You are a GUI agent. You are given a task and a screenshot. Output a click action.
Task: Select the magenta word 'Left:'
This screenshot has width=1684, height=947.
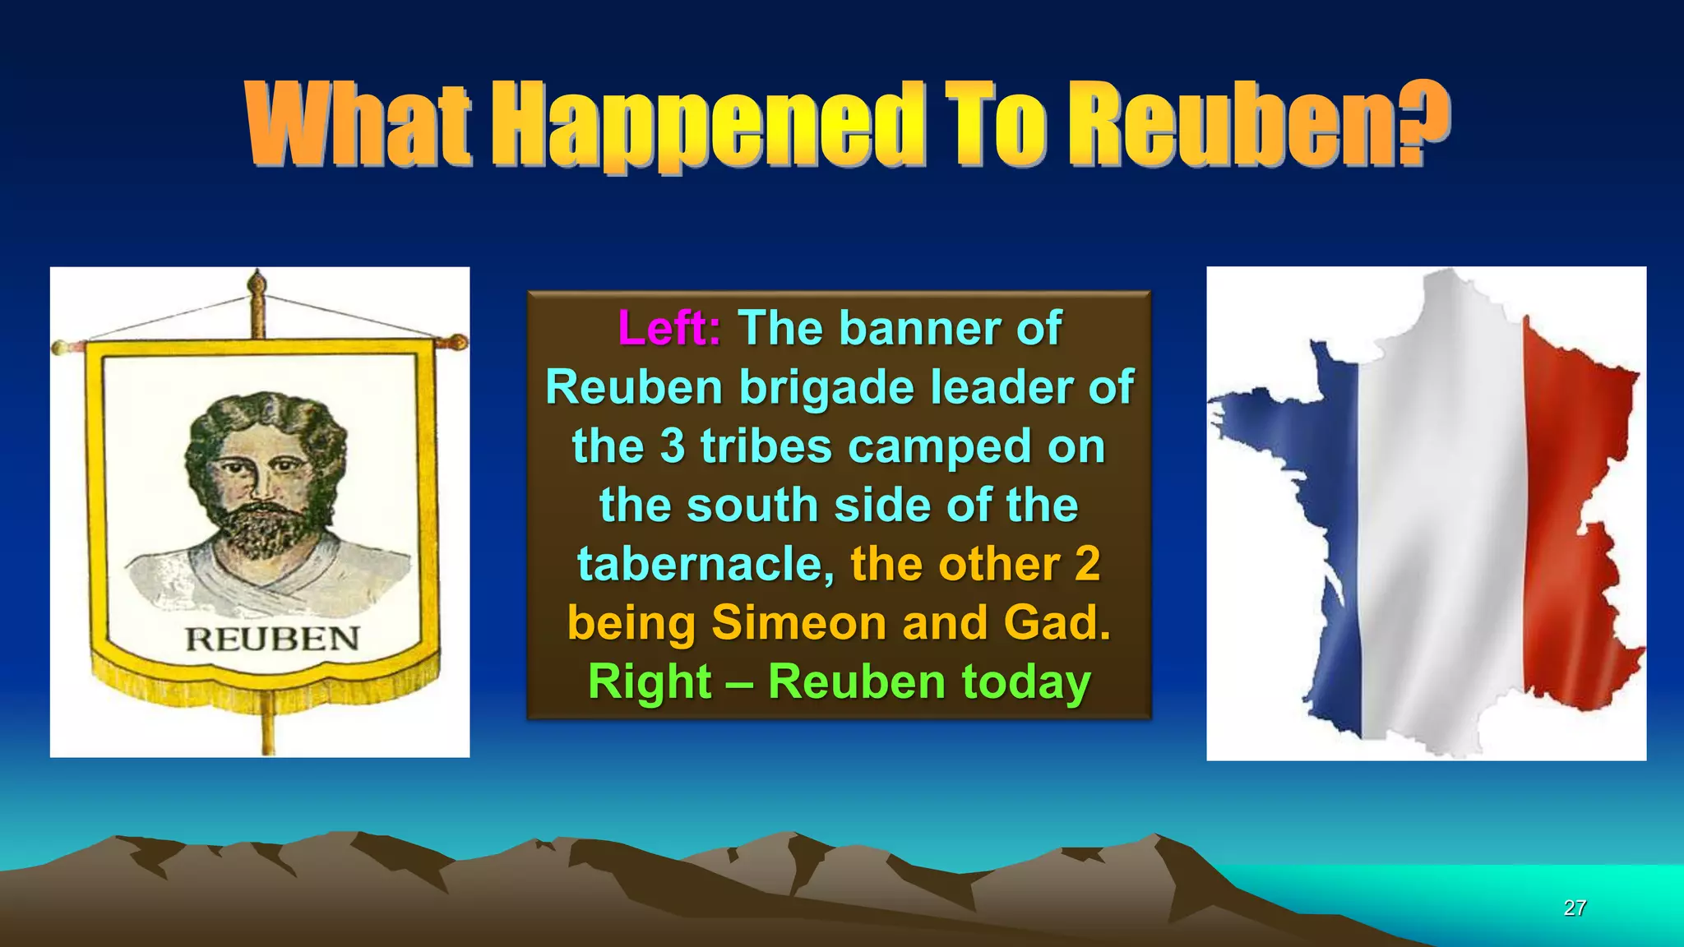coord(669,328)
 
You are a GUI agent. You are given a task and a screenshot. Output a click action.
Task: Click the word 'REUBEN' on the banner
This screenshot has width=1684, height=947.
coord(272,639)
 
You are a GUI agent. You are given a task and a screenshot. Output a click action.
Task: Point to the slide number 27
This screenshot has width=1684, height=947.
coord(1575,908)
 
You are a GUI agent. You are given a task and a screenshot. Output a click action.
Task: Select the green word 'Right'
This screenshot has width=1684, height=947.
coord(650,682)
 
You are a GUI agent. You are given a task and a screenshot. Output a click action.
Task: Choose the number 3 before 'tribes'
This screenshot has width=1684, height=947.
coord(672,446)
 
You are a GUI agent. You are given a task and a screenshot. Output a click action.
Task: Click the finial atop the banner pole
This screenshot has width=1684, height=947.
coord(257,284)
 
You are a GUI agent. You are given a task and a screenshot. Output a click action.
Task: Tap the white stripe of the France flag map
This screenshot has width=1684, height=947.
coord(1439,510)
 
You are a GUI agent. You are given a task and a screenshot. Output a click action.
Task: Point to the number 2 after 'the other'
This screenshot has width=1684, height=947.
coord(1087,564)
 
